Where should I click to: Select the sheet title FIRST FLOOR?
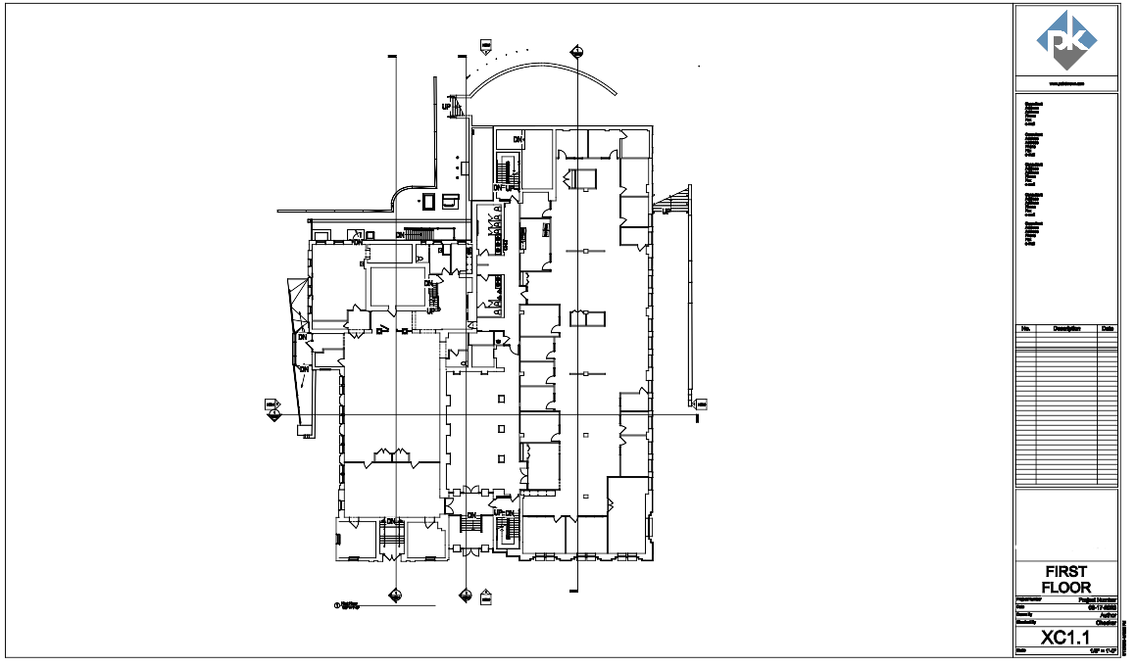pos(1066,579)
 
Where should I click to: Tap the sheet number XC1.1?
pos(1066,638)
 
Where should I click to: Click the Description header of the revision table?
pos(1066,329)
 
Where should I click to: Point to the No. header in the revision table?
pos(1025,329)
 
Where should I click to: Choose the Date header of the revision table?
pos(1108,329)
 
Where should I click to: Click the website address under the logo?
pos(1066,84)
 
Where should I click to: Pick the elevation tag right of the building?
pos(701,403)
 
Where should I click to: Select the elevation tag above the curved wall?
pos(485,46)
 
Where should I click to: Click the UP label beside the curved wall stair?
pos(447,106)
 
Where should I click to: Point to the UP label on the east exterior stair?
pos(667,210)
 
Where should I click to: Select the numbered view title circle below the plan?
pos(337,605)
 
